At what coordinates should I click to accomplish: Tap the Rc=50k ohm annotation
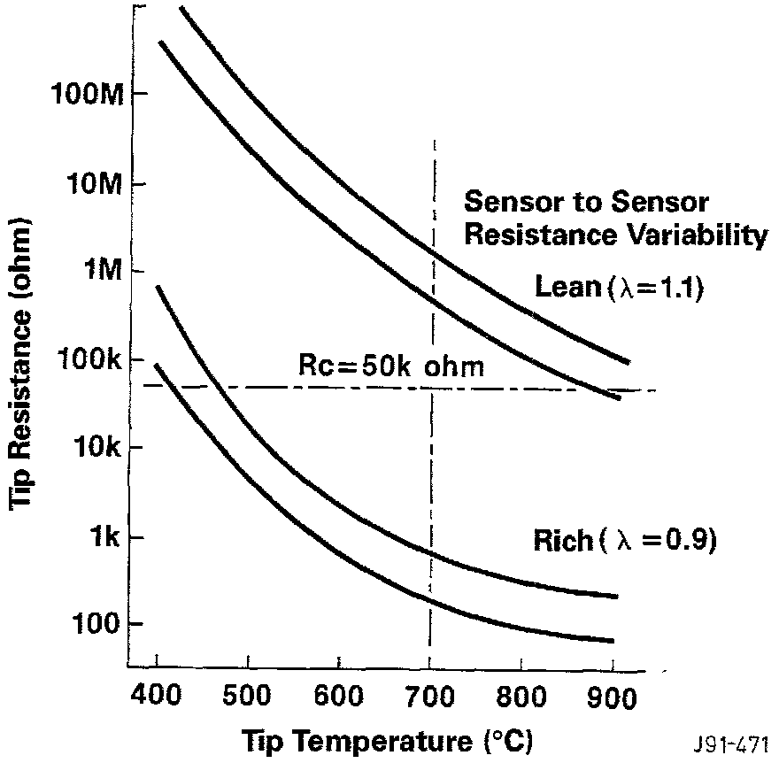(x=390, y=366)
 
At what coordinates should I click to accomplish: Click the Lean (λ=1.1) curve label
(x=619, y=287)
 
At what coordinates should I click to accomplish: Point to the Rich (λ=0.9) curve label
(x=623, y=540)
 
